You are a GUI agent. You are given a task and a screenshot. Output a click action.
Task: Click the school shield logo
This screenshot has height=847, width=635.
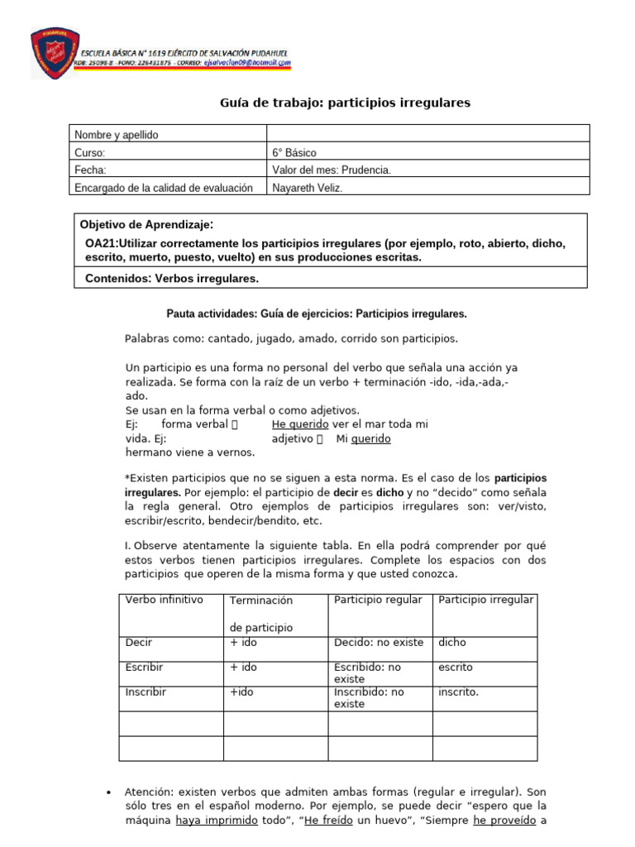[x=55, y=52]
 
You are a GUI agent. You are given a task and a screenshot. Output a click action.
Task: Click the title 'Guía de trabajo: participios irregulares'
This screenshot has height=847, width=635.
[x=345, y=103]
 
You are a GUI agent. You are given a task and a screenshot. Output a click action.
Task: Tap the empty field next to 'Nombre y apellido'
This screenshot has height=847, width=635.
[x=427, y=134]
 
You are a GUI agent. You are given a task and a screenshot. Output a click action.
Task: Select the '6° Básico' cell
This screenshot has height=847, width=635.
[x=294, y=153]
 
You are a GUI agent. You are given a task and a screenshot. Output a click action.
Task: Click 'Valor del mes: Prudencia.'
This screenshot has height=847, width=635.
[x=331, y=170]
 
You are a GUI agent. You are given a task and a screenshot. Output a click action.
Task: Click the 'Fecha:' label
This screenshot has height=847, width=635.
[x=90, y=170]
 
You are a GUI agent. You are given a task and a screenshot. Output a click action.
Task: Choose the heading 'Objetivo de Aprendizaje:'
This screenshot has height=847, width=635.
[x=146, y=225]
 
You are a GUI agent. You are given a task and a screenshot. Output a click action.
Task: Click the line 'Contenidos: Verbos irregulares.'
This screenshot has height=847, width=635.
[x=172, y=279]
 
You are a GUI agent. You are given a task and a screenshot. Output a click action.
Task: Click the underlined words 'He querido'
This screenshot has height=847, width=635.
[x=294, y=424]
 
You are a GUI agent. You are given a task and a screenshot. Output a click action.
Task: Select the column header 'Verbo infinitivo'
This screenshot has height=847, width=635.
[x=164, y=600]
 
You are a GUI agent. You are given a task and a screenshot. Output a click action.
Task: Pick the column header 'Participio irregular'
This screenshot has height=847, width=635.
[x=485, y=600]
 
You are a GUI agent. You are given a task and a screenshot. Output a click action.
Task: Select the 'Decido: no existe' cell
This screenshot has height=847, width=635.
[x=379, y=642]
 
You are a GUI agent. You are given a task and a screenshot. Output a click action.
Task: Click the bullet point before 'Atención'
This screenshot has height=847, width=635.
[x=109, y=792]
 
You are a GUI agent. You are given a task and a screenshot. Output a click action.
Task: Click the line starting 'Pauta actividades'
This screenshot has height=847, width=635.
[x=317, y=314]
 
